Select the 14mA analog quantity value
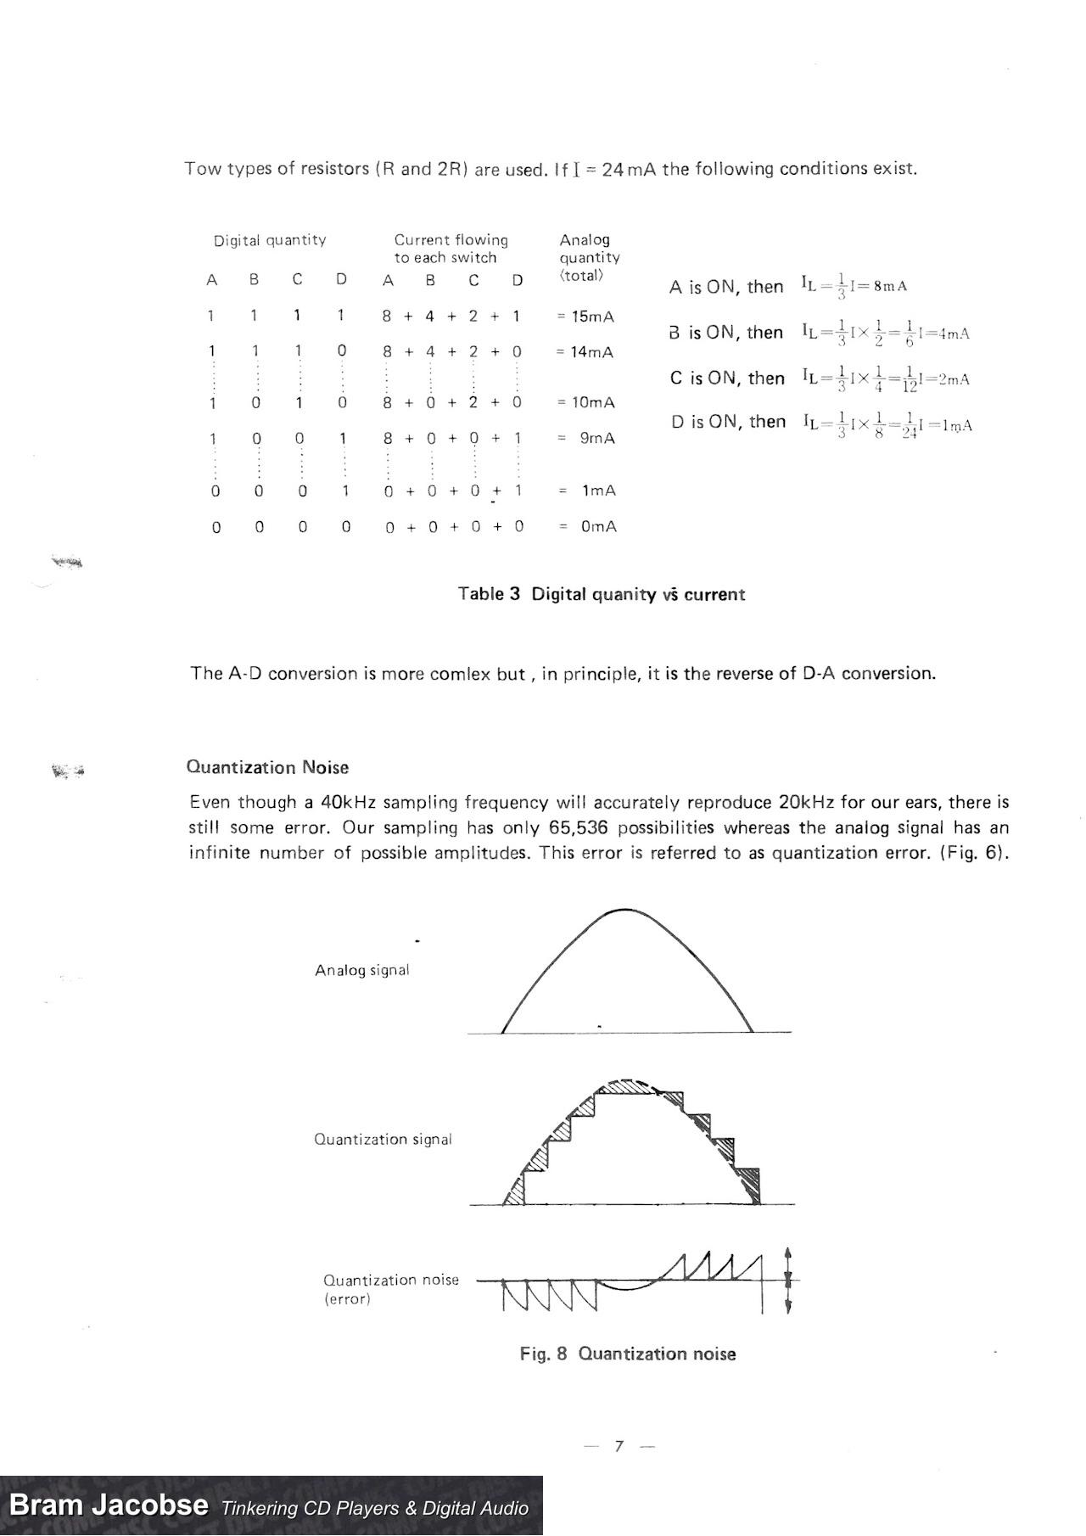(591, 352)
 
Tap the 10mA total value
(591, 402)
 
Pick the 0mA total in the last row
(598, 527)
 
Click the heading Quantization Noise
(267, 767)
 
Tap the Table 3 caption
(601, 594)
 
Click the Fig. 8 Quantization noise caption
(628, 1354)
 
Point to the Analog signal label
(362, 970)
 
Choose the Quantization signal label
(383, 1139)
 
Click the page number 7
(619, 1446)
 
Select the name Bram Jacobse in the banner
(109, 1505)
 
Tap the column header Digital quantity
(270, 240)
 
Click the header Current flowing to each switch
(451, 249)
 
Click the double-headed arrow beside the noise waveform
(788, 1280)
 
